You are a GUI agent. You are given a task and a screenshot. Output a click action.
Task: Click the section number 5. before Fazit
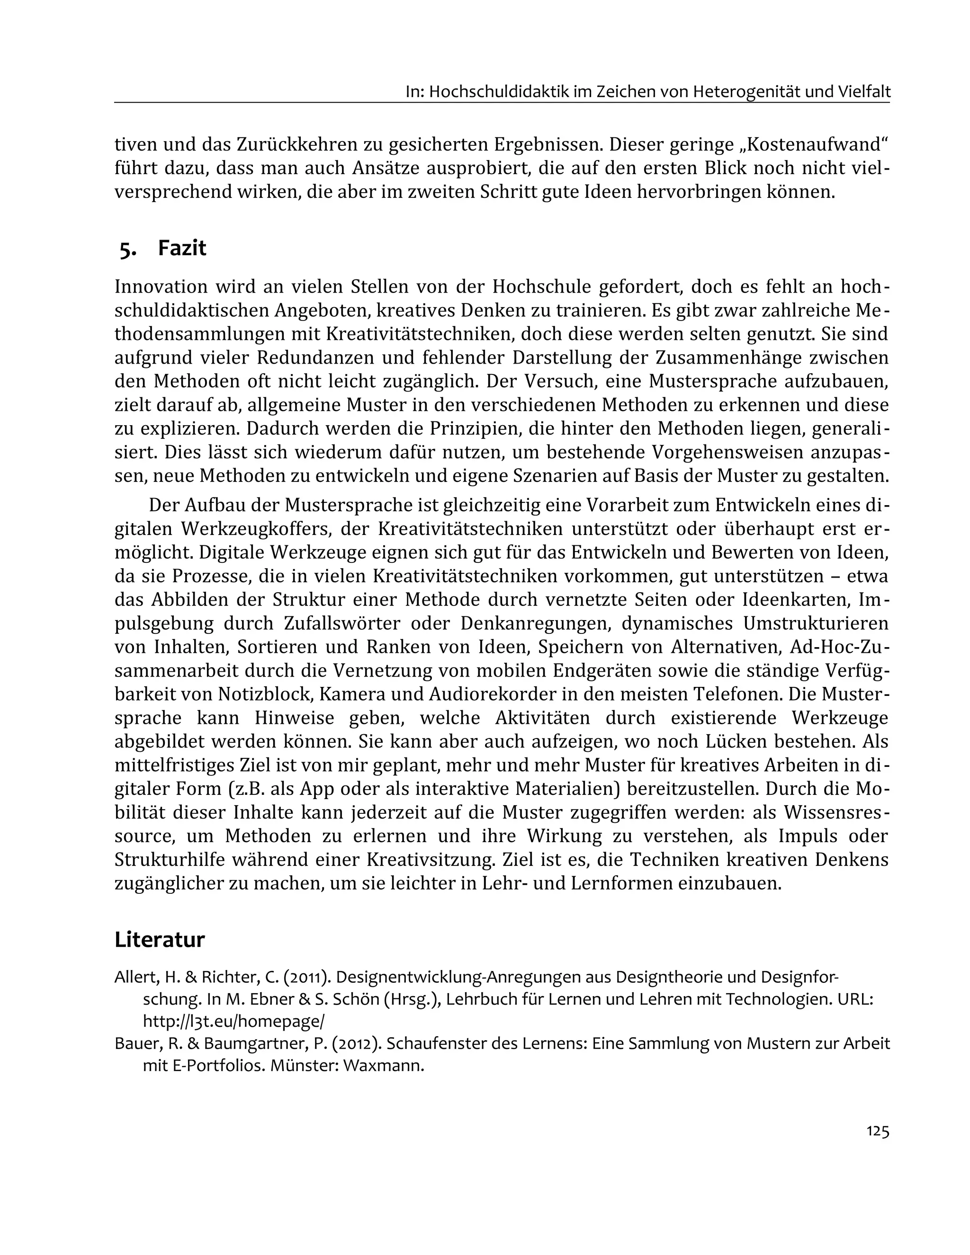[128, 249]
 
